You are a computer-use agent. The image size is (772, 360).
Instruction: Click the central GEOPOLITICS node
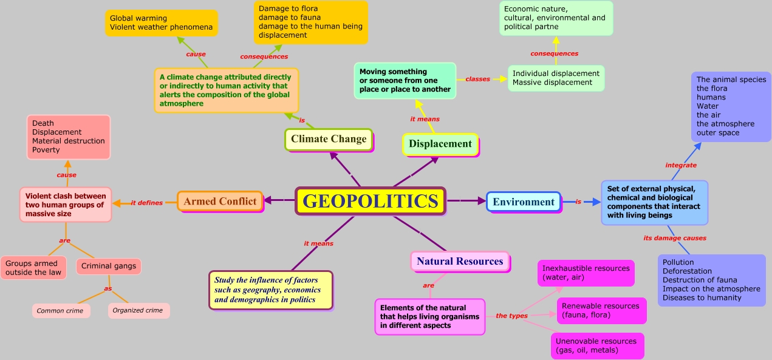point(370,201)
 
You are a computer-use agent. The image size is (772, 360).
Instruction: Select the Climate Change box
point(329,139)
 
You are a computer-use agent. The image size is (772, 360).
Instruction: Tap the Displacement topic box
point(440,144)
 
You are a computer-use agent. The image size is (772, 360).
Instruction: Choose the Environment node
point(524,202)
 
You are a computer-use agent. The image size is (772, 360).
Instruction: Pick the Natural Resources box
point(460,261)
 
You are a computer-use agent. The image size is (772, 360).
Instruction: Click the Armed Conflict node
point(220,201)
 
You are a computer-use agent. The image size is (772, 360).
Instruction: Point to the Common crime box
point(61,311)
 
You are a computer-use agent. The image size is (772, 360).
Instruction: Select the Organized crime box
point(138,311)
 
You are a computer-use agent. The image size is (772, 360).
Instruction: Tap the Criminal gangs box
point(109,266)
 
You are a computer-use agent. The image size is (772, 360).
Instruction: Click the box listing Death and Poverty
point(68,137)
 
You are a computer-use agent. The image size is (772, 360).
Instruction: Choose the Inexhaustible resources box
point(586,273)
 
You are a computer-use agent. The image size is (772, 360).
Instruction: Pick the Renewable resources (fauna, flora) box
point(601,310)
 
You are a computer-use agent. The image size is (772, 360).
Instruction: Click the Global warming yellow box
point(161,23)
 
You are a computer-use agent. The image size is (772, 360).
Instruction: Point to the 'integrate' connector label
point(681,165)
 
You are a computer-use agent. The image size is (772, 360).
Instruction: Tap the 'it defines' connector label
point(147,203)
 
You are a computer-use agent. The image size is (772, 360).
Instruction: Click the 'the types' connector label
point(512,316)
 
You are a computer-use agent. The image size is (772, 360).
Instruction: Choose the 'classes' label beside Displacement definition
point(477,79)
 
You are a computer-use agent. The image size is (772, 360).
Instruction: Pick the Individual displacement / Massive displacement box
point(556,78)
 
